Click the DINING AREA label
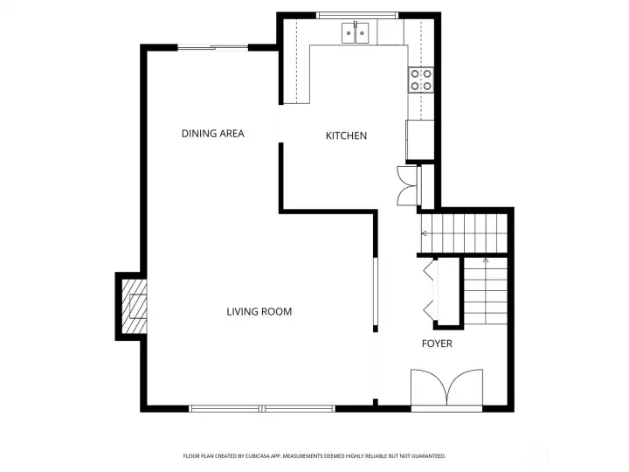pos(212,134)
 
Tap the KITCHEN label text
pos(346,135)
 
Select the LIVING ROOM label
pos(259,312)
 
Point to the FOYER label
pos(437,344)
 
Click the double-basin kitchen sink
pos(356,33)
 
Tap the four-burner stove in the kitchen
pos(420,80)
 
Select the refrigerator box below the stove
pos(419,135)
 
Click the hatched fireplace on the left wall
pos(134,306)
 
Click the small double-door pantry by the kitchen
pos(407,184)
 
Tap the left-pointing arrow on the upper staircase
pos(425,233)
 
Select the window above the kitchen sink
pos(356,15)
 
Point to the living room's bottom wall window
pos(262,407)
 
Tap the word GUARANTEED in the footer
pos(427,456)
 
